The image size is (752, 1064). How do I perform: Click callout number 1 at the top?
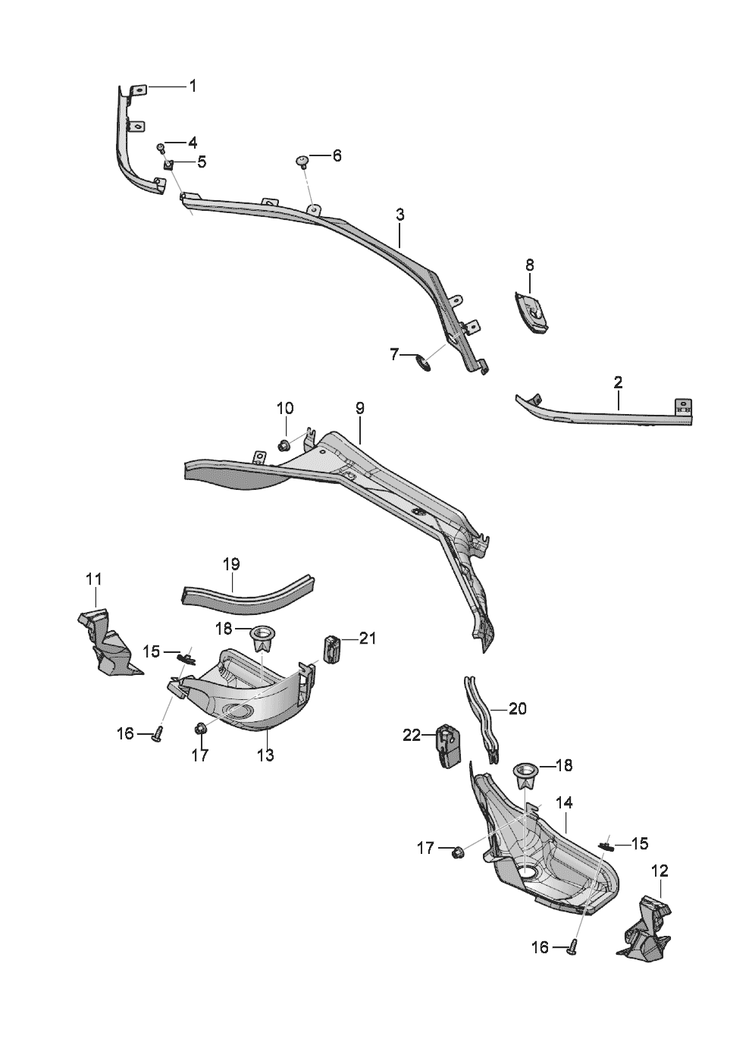click(193, 86)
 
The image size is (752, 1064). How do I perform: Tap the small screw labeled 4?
click(161, 148)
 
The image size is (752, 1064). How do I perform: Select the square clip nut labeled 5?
click(169, 165)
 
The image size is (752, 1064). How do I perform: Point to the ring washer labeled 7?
click(424, 364)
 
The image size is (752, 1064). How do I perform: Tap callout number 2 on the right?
click(618, 382)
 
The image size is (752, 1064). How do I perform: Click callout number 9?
click(359, 408)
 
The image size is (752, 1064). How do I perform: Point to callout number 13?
click(266, 755)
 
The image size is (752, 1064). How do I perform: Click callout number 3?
click(400, 215)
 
